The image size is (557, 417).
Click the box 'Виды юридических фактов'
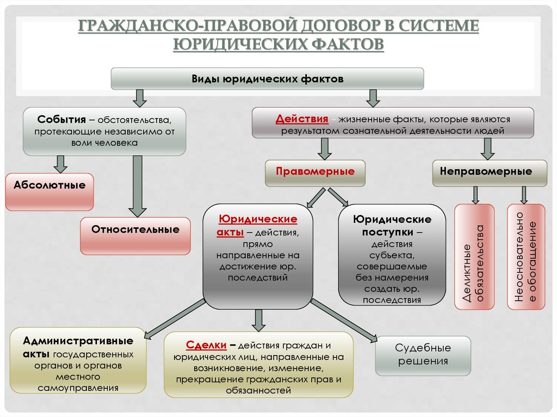point(267,79)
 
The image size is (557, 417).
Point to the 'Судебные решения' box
point(423,355)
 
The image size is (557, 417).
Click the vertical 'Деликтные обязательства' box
point(474,257)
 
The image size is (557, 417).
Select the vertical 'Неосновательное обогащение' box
point(526,257)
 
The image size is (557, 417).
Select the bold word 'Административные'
point(78,341)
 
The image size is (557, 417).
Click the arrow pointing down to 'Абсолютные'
point(60,164)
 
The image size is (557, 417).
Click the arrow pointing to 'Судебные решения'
point(345,321)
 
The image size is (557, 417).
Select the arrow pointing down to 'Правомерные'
point(325,148)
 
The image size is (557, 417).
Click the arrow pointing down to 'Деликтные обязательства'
point(475,195)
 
